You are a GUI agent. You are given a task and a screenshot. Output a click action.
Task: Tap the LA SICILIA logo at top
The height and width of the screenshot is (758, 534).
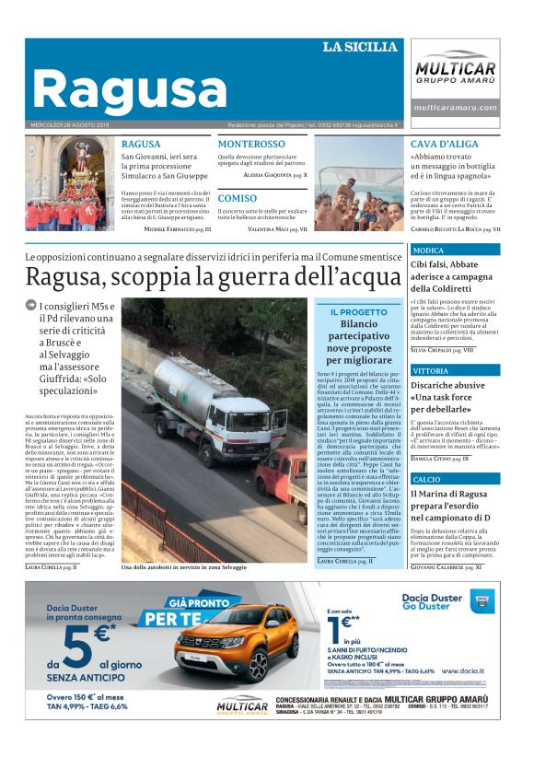(360, 47)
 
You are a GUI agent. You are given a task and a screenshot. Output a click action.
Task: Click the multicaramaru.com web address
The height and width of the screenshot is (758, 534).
(455, 108)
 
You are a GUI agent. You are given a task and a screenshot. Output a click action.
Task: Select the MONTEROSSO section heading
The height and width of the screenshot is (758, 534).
(251, 145)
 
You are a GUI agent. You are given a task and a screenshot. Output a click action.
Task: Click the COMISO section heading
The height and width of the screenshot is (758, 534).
(238, 198)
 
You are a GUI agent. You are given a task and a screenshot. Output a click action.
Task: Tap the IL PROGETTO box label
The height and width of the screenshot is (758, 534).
(358, 312)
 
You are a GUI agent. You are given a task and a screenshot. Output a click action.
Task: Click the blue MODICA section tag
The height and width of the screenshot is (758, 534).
(428, 251)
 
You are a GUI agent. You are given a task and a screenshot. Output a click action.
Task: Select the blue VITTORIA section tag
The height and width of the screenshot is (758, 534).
(431, 370)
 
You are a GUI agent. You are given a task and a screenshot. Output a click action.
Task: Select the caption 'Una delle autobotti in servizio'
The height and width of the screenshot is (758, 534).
(184, 567)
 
